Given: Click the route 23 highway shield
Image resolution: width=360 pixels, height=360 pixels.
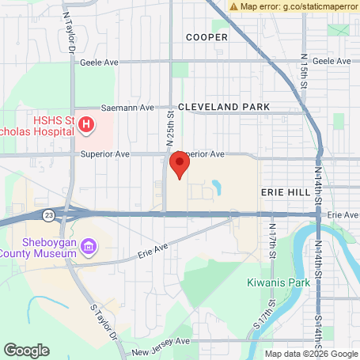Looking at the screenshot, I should point(49,214).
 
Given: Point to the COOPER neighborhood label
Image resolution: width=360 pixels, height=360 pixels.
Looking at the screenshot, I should point(207,37).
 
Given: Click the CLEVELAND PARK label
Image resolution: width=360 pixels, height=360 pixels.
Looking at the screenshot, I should point(224,106).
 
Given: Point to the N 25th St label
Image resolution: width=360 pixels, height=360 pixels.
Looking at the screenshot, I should point(169,126).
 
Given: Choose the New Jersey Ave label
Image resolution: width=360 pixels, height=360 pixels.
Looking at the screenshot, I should point(161,342).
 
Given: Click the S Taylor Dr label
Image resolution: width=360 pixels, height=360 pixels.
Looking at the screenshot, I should point(104,321).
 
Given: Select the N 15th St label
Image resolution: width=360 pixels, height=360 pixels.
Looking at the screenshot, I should point(305,71).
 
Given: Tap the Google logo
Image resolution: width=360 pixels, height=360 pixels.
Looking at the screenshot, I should point(26,349).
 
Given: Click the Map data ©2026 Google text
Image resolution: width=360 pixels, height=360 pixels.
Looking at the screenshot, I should point(311,354).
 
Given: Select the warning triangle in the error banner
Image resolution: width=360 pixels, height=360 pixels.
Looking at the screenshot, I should point(233,6).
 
